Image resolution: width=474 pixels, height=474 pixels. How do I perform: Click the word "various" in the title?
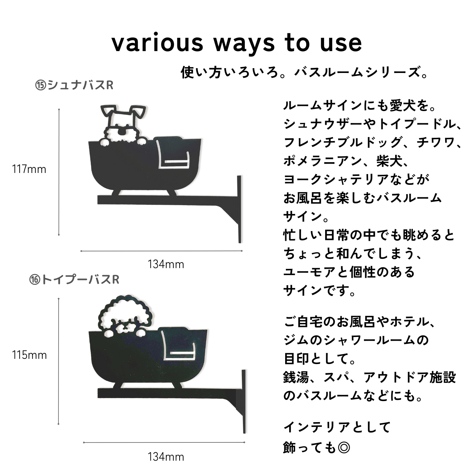pos(157,43)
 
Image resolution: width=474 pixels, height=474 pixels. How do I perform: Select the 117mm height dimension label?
pos(29,170)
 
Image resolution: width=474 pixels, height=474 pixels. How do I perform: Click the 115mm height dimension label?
pos(30,355)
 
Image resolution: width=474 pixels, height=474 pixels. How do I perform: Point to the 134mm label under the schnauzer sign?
pos(166,264)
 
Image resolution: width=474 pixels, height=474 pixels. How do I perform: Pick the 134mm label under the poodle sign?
pos(166,457)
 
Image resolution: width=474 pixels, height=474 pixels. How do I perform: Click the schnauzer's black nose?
pos(122,132)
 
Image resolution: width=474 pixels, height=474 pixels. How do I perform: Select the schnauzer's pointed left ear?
pos(108,111)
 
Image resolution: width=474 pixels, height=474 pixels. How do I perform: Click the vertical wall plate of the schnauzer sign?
pos(239,209)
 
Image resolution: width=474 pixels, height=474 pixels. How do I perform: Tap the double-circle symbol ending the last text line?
pos(344,447)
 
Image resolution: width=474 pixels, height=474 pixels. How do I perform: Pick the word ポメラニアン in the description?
pos(323,161)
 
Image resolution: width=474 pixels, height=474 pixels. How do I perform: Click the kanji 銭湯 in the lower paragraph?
pos(296,378)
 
